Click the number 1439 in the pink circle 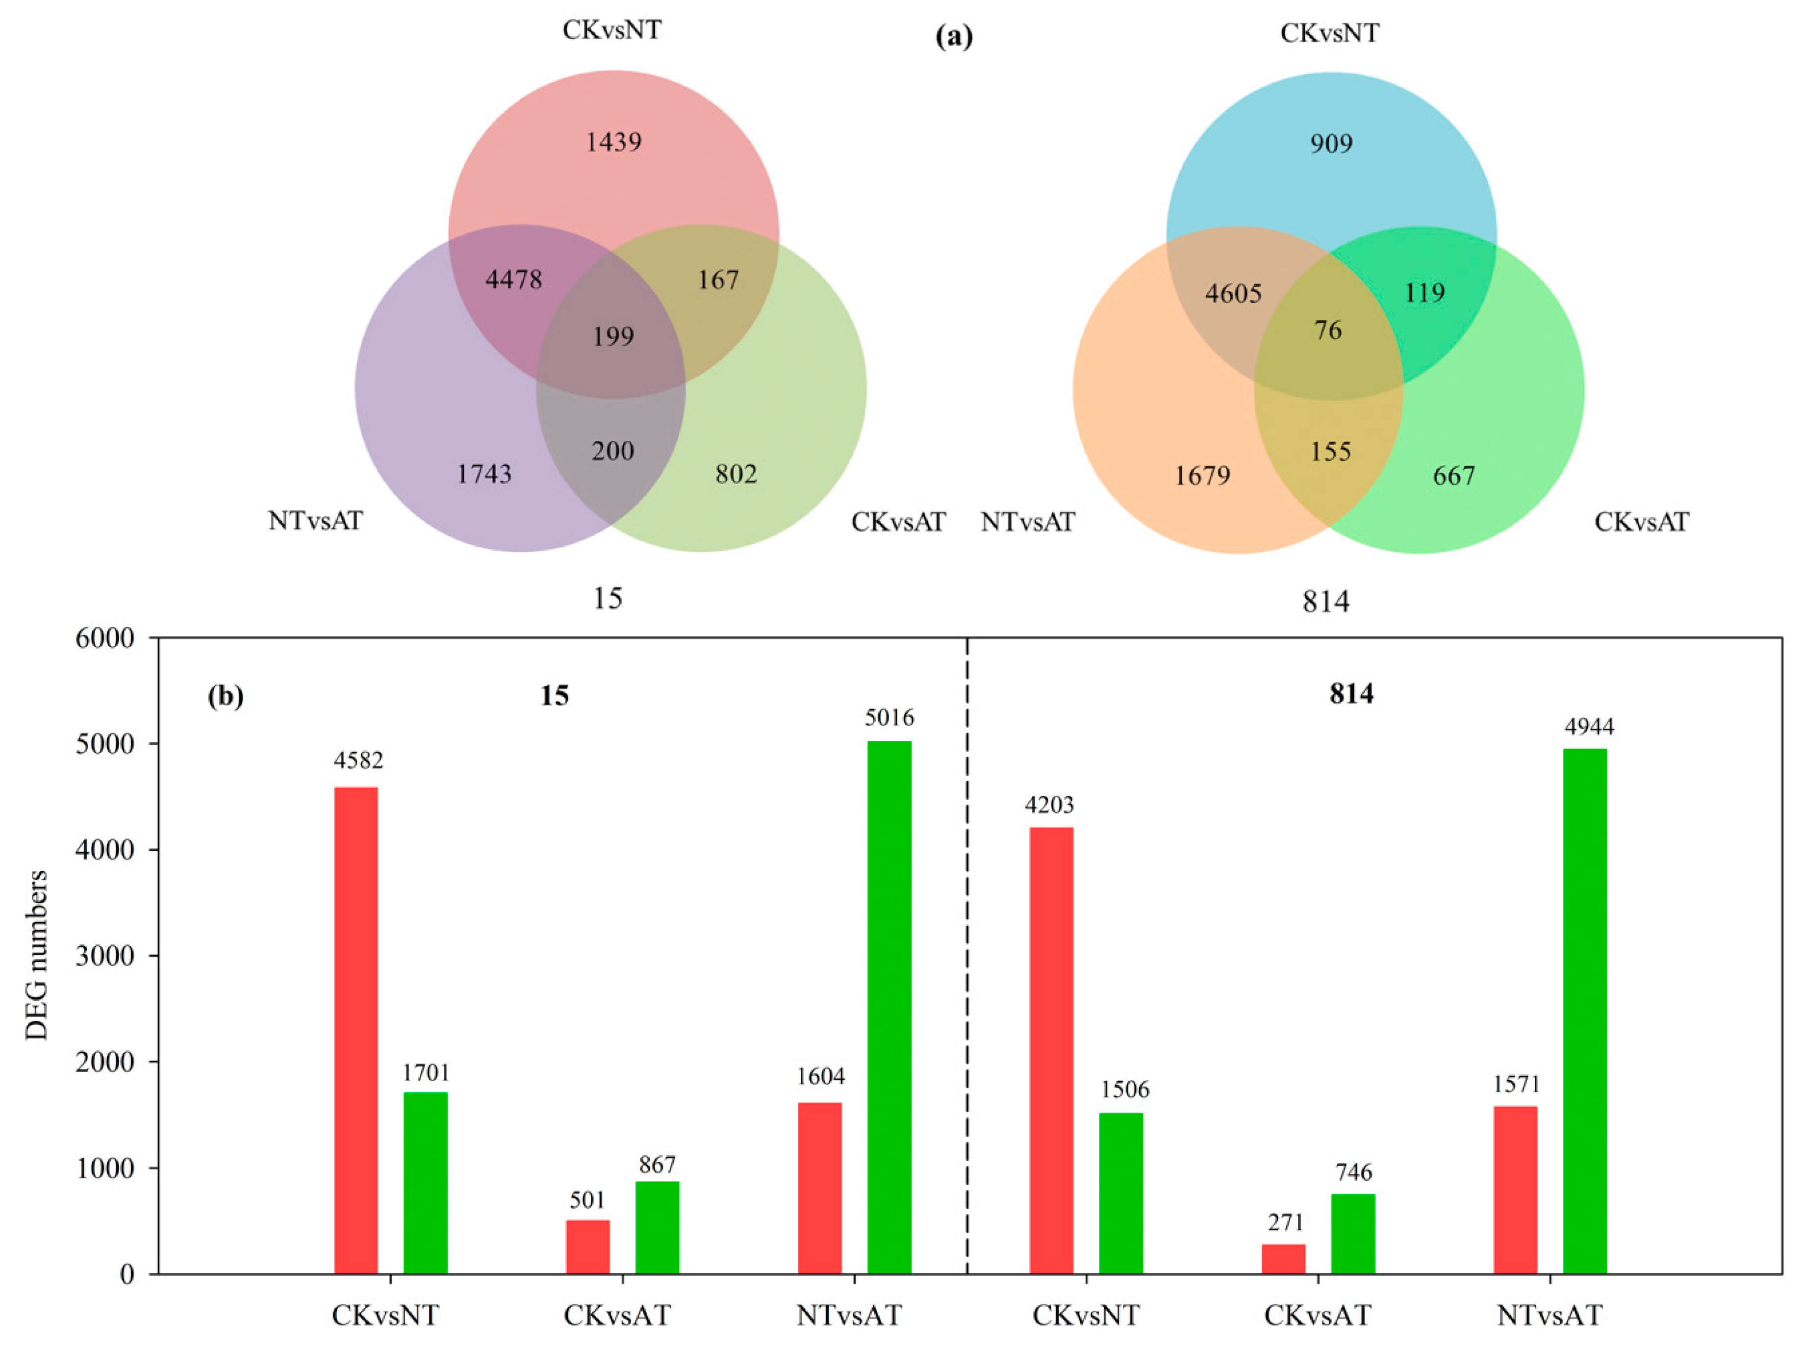tap(613, 142)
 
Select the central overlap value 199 tap(613, 336)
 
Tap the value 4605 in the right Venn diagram tap(1233, 293)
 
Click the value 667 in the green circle tap(1453, 475)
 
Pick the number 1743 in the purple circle tap(483, 474)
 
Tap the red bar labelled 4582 tap(356, 1027)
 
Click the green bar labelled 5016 tap(889, 1003)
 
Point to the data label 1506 tap(1124, 1090)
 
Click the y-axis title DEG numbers tap(37, 956)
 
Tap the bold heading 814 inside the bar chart tap(1351, 694)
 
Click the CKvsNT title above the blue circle tap(1329, 33)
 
